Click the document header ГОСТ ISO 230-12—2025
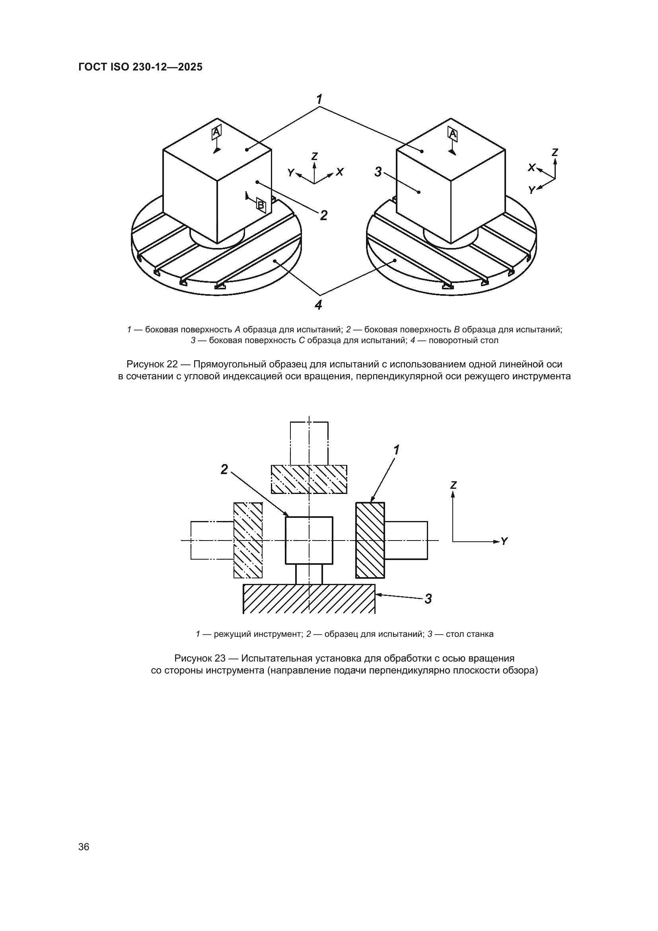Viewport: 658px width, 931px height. [x=140, y=67]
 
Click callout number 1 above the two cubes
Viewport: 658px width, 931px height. [x=320, y=99]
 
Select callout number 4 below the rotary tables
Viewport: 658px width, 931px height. [x=319, y=304]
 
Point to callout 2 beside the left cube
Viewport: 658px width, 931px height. [x=323, y=215]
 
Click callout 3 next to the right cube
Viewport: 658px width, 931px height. [x=378, y=172]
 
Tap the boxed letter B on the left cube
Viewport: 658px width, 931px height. [x=261, y=205]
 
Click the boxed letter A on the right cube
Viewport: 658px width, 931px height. [x=453, y=134]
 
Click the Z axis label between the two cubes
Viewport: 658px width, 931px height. [x=314, y=156]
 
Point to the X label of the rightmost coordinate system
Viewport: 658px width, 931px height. [x=531, y=167]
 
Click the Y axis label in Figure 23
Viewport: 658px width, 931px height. [x=504, y=541]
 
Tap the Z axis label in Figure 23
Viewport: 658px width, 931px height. [x=454, y=485]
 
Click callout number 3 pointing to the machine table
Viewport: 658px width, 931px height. [x=428, y=599]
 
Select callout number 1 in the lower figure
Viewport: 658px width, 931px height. [x=396, y=450]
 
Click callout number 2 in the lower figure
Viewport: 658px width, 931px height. [x=224, y=470]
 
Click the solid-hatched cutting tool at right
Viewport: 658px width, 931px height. [x=370, y=540]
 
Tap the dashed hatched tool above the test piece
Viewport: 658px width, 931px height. [x=309, y=479]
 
